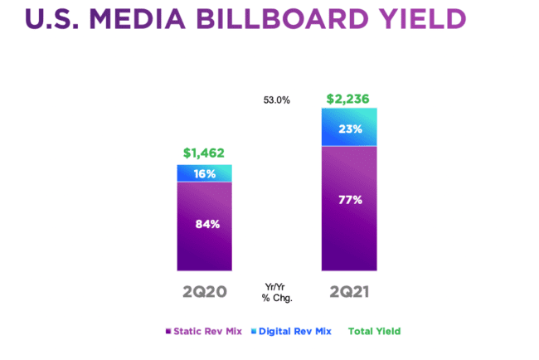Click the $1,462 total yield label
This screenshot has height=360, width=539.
(203, 153)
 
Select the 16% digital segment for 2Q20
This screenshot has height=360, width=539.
(204, 173)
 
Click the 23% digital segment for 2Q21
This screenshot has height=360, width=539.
(349, 128)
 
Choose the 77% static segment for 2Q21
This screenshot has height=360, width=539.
(349, 207)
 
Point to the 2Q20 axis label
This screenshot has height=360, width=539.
(204, 292)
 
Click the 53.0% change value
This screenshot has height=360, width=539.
(276, 100)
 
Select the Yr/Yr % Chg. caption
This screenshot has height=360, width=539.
(276, 292)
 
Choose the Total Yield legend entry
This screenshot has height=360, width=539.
(374, 331)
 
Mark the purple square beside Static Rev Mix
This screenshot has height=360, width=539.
(168, 331)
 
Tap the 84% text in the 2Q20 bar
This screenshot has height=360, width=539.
(204, 225)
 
